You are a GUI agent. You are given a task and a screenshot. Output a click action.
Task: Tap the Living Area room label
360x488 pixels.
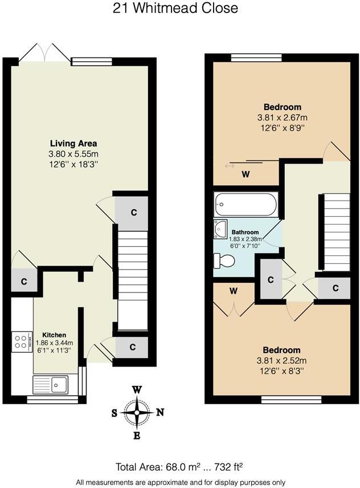click(x=73, y=143)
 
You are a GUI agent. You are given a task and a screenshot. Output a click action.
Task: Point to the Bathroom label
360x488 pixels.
click(x=245, y=232)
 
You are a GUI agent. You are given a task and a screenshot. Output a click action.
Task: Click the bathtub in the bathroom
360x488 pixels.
click(x=246, y=204)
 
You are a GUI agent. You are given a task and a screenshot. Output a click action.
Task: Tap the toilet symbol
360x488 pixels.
click(x=224, y=261)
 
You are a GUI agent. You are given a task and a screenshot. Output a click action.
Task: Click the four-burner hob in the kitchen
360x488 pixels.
click(x=22, y=341)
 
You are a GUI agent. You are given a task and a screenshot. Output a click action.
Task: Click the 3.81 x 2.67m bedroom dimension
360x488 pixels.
click(x=283, y=117)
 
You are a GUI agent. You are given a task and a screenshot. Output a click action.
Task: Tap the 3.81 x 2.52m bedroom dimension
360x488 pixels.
click(x=282, y=360)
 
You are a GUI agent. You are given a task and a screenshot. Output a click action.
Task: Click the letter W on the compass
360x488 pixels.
click(x=137, y=390)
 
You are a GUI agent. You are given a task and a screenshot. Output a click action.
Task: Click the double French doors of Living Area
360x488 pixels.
click(x=39, y=52)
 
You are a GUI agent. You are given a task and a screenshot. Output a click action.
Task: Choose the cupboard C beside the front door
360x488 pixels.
click(x=132, y=347)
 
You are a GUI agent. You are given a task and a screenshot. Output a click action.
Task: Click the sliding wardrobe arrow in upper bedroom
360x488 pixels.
click(x=230, y=166)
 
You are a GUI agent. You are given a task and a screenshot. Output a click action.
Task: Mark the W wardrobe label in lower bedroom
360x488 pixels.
click(x=233, y=291)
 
